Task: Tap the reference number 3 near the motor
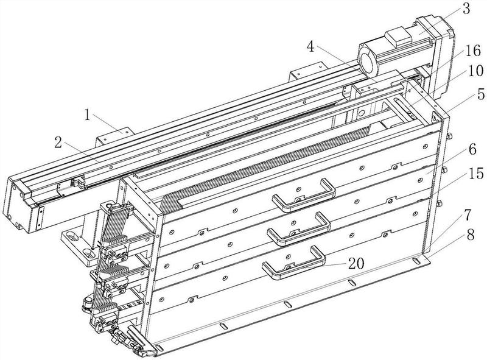coord(466,9)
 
